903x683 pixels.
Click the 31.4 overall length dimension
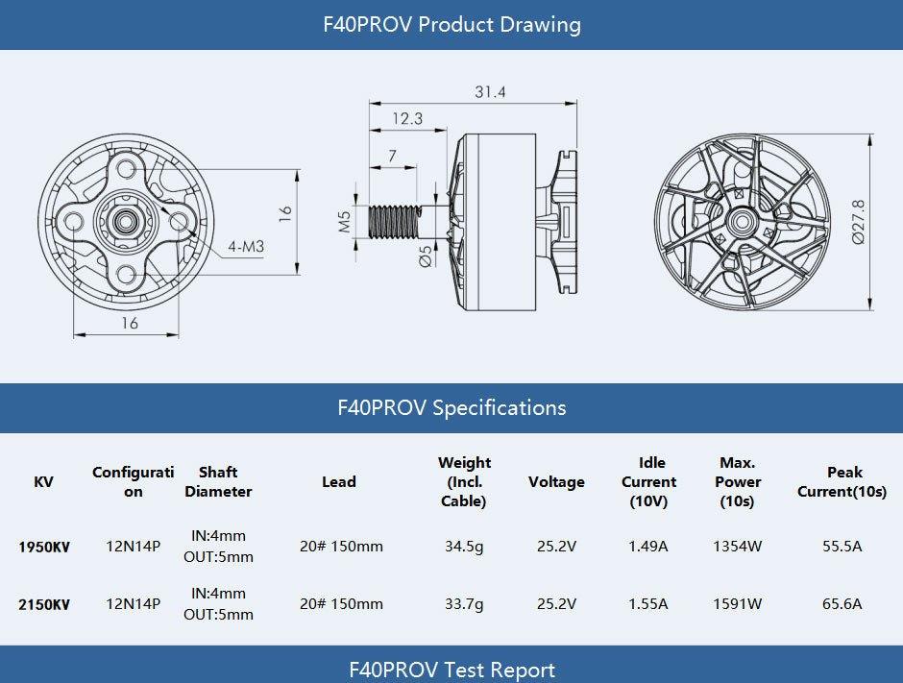click(x=490, y=92)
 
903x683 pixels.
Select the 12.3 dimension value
click(x=407, y=119)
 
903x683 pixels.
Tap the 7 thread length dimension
click(x=393, y=156)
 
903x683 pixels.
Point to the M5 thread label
click(x=345, y=223)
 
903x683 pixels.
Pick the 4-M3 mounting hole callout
click(x=246, y=247)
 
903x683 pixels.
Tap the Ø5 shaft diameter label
click(x=426, y=256)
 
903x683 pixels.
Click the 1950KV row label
click(x=43, y=548)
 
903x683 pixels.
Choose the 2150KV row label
click(x=43, y=605)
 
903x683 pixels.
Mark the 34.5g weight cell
click(x=464, y=548)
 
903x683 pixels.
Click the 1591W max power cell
click(x=737, y=605)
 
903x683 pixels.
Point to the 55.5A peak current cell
click(x=842, y=548)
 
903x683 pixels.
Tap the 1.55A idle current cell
click(x=648, y=605)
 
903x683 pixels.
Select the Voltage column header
click(x=556, y=482)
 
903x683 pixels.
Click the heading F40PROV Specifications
click(x=451, y=407)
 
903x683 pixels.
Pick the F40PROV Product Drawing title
click(x=451, y=24)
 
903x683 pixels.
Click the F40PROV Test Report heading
click(x=451, y=670)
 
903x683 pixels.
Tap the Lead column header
click(x=339, y=482)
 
